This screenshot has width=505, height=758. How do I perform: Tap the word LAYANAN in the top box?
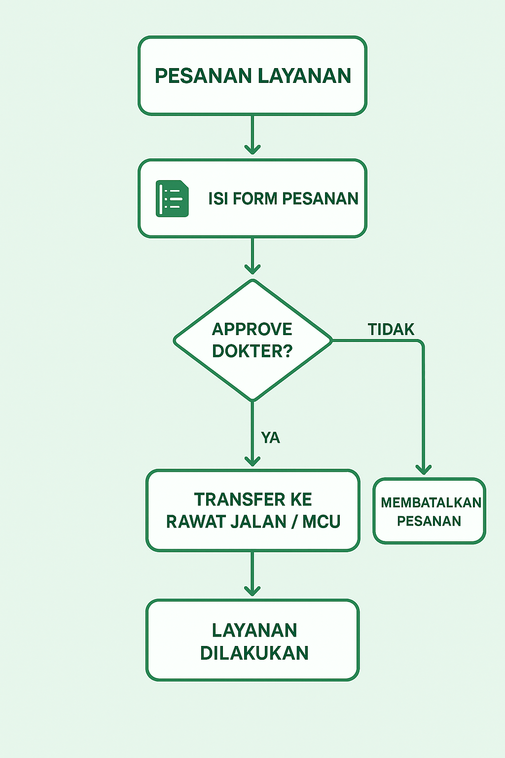(x=304, y=76)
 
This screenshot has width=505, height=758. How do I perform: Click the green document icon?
(x=172, y=198)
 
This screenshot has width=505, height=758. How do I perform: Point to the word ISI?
(x=217, y=198)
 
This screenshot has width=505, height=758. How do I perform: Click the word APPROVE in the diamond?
(x=252, y=329)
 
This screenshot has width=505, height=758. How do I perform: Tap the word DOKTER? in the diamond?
(x=252, y=351)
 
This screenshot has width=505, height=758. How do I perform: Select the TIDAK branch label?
(x=391, y=329)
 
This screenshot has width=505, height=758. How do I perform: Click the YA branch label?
(x=270, y=438)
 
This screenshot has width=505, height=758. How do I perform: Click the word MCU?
(x=322, y=522)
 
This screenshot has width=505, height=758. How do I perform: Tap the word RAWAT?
(x=191, y=522)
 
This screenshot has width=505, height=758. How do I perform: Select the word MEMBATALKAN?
(x=431, y=502)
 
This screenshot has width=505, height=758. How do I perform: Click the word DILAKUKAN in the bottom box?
(x=254, y=653)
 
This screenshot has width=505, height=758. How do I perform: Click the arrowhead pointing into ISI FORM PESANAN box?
(x=252, y=149)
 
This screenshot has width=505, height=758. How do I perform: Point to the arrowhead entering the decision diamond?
(x=252, y=268)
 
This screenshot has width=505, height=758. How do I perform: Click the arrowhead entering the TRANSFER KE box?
(x=252, y=461)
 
